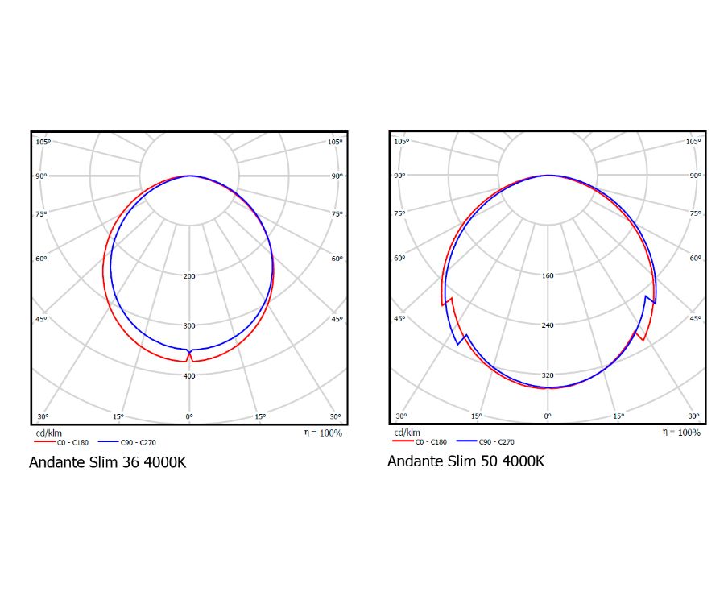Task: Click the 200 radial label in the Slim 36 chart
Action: (189, 276)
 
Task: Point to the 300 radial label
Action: (189, 326)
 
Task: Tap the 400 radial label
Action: (189, 376)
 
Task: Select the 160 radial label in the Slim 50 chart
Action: (548, 275)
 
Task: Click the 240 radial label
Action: (548, 325)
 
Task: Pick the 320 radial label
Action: (548, 375)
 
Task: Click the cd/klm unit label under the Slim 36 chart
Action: (45, 433)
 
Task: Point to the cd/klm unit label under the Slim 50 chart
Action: (403, 433)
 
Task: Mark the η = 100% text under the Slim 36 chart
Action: (323, 433)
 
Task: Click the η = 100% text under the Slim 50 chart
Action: (681, 433)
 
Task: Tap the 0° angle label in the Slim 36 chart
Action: (189, 416)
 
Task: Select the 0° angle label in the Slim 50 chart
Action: (548, 416)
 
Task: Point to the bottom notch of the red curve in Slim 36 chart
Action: (189, 354)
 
